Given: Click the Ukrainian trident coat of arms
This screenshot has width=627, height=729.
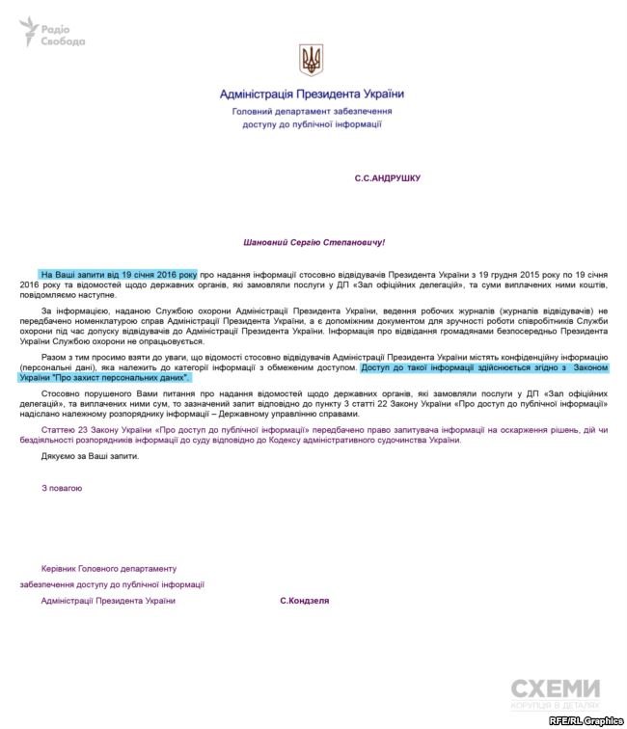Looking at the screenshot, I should point(312,60).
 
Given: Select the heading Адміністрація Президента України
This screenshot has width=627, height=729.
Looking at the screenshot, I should point(312,94).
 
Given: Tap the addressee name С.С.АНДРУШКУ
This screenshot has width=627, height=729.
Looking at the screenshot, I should point(388,178).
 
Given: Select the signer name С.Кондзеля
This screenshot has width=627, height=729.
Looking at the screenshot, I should point(305,601).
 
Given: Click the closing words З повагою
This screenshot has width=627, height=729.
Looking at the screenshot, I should point(62,488).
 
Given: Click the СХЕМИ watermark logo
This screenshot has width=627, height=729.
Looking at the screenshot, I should point(555,689).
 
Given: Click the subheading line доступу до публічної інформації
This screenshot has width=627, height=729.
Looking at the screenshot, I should point(312,124).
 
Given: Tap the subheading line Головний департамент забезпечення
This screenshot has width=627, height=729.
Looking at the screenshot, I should point(312,111).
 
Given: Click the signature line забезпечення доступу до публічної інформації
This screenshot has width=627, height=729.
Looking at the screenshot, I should point(112,584).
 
